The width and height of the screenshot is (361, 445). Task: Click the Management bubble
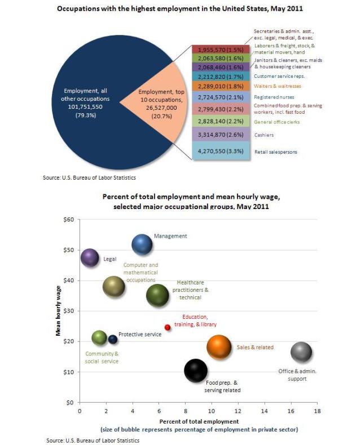pyautogui.click(x=142, y=244)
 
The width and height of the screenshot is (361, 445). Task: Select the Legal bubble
pyautogui.click(x=90, y=257)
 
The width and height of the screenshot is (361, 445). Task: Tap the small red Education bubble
pyautogui.click(x=168, y=327)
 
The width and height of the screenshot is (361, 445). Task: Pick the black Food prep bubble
pyautogui.click(x=196, y=370)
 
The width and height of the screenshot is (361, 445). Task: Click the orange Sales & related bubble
pyautogui.click(x=219, y=347)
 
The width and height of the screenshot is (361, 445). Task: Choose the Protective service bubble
pyautogui.click(x=113, y=339)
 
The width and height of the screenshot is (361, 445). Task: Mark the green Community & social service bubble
pyautogui.click(x=99, y=337)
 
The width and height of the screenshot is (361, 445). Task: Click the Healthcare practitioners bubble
pyautogui.click(x=157, y=295)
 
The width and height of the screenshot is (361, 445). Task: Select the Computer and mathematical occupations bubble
pyautogui.click(x=114, y=286)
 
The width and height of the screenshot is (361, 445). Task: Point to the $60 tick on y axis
pyautogui.click(x=68, y=219)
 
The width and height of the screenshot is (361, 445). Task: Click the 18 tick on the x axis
pyautogui.click(x=317, y=411)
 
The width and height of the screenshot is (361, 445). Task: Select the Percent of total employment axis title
pyautogui.click(x=198, y=421)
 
